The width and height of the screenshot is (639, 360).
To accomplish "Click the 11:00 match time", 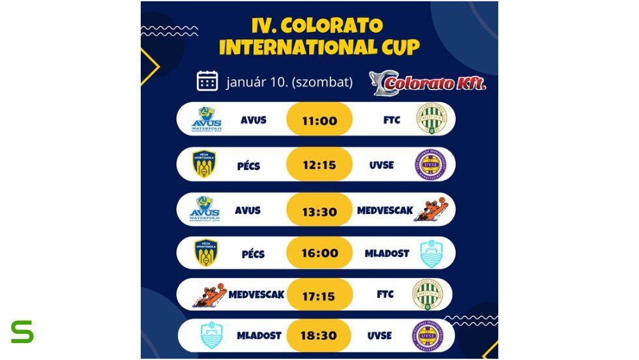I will pyautogui.click(x=319, y=121).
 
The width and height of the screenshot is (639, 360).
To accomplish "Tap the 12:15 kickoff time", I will pyautogui.click(x=319, y=165).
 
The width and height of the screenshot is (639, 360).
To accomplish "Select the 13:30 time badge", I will pyautogui.click(x=319, y=210).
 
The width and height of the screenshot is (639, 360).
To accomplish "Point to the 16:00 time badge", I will pyautogui.click(x=319, y=253).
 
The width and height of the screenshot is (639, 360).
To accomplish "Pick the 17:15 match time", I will pyautogui.click(x=319, y=296).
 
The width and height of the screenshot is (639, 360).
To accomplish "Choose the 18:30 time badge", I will pyautogui.click(x=319, y=335).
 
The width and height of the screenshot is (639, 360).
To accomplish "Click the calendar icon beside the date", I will pyautogui.click(x=207, y=81).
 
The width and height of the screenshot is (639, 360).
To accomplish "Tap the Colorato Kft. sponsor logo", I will pyautogui.click(x=428, y=83).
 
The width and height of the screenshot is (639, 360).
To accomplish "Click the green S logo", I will pyautogui.click(x=22, y=332).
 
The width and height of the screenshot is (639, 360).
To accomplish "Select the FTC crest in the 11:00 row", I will pyautogui.click(x=431, y=119).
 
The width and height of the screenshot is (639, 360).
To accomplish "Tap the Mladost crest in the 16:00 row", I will pyautogui.click(x=431, y=254).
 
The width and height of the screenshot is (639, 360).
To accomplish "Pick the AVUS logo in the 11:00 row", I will pyautogui.click(x=206, y=119).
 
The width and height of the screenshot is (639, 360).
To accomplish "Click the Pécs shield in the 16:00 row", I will pyautogui.click(x=206, y=253).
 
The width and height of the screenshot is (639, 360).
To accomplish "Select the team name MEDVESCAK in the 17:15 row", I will pyautogui.click(x=256, y=295).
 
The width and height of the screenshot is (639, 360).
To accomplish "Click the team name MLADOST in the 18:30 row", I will pyautogui.click(x=260, y=335).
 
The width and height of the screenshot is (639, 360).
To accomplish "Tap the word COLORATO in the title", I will pyautogui.click(x=333, y=25).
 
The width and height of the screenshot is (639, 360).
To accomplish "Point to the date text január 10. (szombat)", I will pyautogui.click(x=290, y=82).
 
